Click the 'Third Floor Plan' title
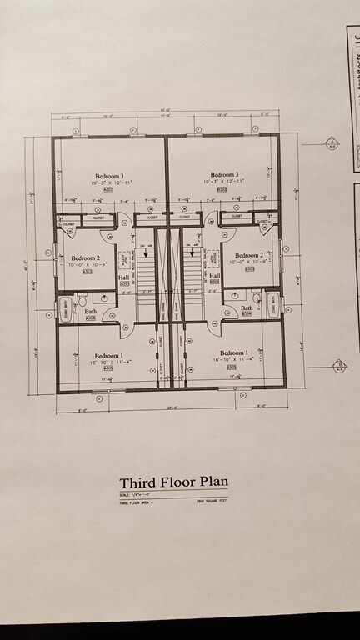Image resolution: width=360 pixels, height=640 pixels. coord(172,482)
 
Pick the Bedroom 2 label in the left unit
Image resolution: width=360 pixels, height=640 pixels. coord(85,258)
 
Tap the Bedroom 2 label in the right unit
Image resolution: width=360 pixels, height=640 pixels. coord(249,255)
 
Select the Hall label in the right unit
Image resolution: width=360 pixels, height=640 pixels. coord(214,275)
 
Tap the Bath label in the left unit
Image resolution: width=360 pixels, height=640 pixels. coord(91,312)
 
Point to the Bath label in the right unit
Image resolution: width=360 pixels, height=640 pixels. coord(247,307)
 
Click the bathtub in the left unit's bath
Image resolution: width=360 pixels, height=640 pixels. coord(66,310)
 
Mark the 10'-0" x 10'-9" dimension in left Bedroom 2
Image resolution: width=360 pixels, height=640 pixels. coord(85,265)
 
